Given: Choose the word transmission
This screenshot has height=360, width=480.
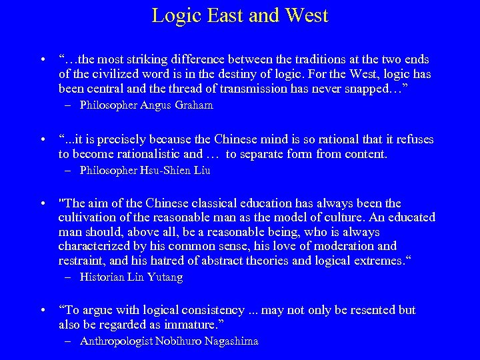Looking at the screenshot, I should pos(277,88).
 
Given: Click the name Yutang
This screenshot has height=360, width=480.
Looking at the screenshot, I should pos(164,277).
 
